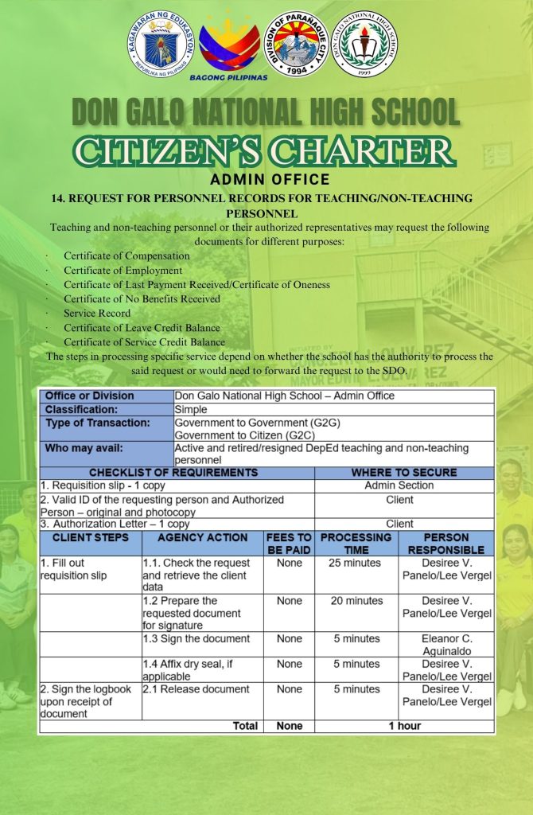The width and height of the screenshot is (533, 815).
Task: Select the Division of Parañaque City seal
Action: [x=296, y=44]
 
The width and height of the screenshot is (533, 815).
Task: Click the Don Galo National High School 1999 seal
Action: [x=364, y=44]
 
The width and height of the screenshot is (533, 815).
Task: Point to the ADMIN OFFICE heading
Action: [x=270, y=179]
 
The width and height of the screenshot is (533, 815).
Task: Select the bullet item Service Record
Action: [x=97, y=313]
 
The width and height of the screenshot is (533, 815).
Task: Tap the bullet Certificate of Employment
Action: [x=123, y=270]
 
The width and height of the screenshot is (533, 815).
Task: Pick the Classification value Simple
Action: [x=191, y=409]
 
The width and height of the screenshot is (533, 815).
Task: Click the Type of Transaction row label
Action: [x=98, y=423]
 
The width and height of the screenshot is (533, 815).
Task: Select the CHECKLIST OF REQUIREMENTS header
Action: [x=173, y=472]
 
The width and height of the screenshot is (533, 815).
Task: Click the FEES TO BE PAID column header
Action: [x=290, y=544]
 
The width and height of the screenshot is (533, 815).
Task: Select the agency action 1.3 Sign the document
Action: [x=196, y=638]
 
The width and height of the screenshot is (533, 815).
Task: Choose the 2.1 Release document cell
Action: [x=196, y=689]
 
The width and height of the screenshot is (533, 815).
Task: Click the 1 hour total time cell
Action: [x=404, y=726]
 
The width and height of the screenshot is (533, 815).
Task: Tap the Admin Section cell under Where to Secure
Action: [x=399, y=485]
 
